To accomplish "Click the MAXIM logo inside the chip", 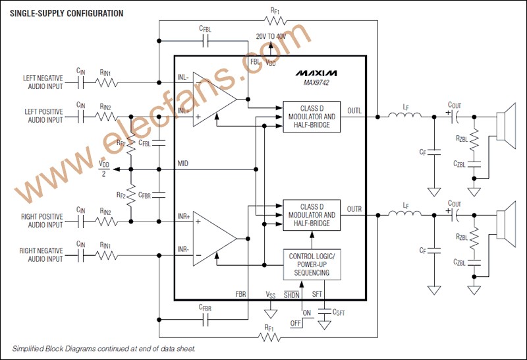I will [x=316, y=71].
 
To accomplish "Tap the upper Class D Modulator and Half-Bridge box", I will [x=312, y=117].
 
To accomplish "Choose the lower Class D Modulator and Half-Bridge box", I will [x=312, y=215].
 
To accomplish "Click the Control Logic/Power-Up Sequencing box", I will [x=311, y=264].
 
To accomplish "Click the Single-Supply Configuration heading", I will [x=67, y=13].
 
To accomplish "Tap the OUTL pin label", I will [x=354, y=110].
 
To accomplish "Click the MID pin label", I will [x=184, y=162].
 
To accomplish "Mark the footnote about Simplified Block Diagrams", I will [x=103, y=348].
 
